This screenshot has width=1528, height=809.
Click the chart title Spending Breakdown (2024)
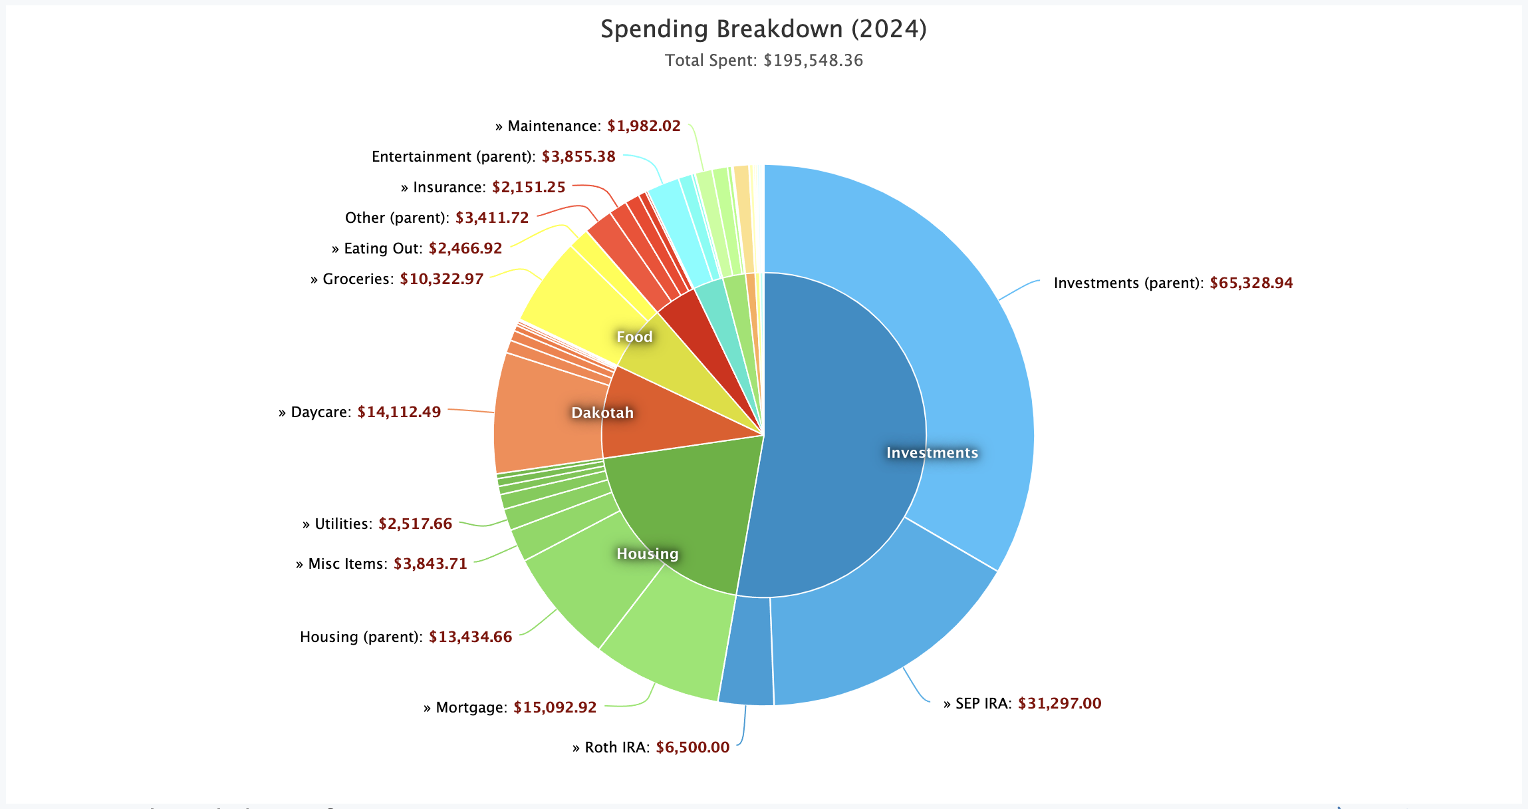coord(763,29)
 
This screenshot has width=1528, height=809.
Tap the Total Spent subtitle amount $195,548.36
coord(813,61)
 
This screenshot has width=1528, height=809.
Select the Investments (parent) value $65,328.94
coord(1251,283)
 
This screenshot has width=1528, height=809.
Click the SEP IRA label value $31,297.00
coord(1059,703)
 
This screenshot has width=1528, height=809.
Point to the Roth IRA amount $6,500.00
coord(692,747)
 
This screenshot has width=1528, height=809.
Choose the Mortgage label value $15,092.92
coord(555,707)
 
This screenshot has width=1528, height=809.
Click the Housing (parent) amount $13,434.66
coord(470,637)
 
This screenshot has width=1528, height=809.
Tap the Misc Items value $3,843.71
coord(430,564)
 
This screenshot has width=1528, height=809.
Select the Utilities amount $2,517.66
coord(415,524)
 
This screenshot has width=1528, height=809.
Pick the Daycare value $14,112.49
coord(399,412)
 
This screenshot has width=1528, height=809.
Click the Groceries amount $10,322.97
coord(442,279)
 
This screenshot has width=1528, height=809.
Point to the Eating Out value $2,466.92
coord(465,248)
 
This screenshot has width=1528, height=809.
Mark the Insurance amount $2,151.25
coord(529,187)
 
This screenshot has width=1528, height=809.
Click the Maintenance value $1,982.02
coord(644,126)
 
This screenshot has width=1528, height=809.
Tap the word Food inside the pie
coord(634,337)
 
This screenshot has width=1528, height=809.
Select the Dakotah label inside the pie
coord(602,412)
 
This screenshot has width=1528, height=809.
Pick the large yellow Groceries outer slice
coord(572,293)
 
